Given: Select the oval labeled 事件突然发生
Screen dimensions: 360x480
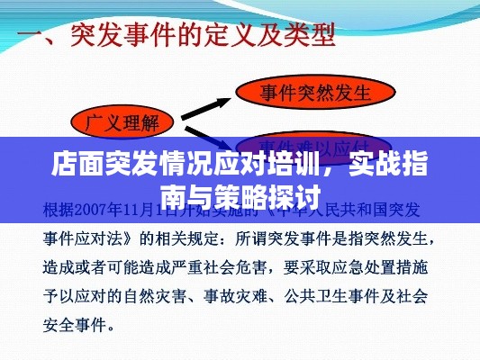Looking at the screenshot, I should click(315, 91).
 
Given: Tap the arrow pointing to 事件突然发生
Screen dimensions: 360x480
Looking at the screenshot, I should click(211, 103).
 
